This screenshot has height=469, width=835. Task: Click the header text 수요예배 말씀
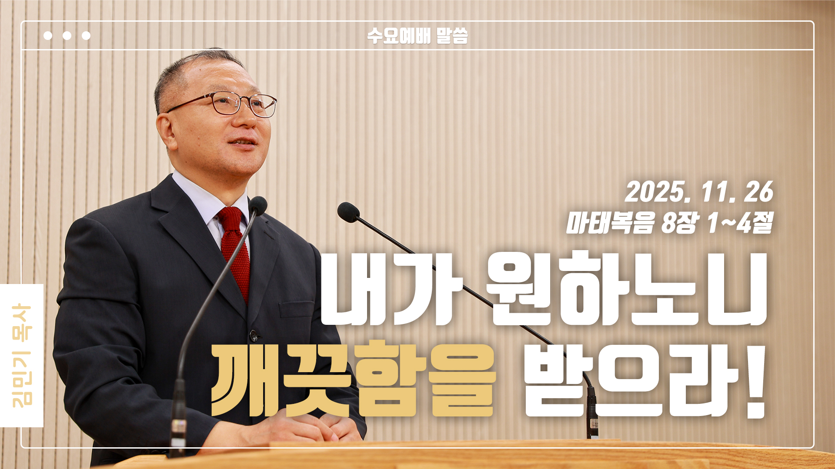(417, 36)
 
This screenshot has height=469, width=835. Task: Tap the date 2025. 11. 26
(699, 192)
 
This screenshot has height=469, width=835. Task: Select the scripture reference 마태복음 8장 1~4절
(669, 223)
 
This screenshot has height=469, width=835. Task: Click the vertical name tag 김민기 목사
(22, 355)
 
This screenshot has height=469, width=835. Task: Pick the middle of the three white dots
(67, 36)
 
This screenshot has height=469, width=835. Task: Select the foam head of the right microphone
(348, 211)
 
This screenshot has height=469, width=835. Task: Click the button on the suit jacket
(253, 335)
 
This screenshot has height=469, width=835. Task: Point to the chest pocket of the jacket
(296, 309)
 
